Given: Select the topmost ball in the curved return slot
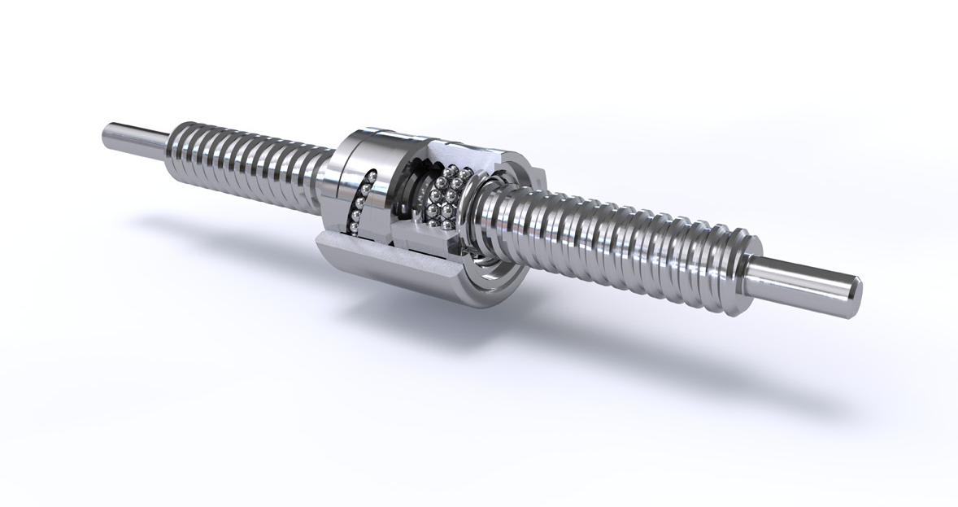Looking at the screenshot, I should (x=370, y=173).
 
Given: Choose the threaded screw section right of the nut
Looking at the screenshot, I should (x=618, y=236).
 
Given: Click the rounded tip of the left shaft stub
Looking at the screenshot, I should (x=107, y=133).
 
